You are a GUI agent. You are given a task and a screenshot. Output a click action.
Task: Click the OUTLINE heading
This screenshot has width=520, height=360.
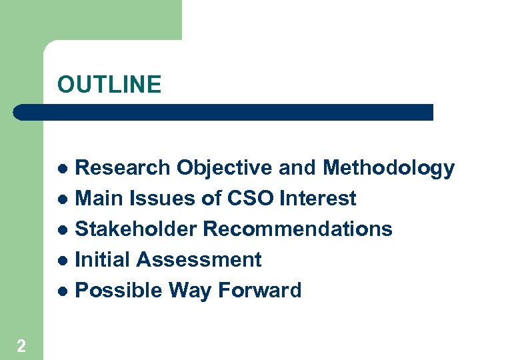pos(109,85)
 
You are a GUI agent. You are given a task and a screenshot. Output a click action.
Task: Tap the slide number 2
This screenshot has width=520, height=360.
pos(22,345)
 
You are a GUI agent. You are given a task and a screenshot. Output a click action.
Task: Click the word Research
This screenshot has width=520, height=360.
pos(124,168)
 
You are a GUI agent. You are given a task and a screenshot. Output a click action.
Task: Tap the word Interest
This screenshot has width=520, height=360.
pos(318,199)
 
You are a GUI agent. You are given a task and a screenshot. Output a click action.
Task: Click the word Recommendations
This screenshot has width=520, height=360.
pos(297,229)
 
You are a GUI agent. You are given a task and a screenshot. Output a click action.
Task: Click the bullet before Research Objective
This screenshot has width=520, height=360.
pos(63,169)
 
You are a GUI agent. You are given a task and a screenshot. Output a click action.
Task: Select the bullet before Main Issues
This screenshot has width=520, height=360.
pos(63,199)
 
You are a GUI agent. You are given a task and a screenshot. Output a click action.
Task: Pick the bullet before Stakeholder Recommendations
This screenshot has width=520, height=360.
pos(63,230)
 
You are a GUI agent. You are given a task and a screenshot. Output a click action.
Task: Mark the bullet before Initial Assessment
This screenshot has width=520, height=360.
pos(63,261)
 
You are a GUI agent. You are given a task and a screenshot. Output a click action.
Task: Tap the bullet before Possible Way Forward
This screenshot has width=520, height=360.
pos(63,291)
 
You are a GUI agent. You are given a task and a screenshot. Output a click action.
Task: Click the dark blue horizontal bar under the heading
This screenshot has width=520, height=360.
pos(223,112)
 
